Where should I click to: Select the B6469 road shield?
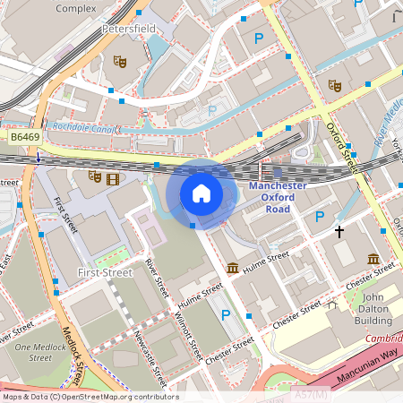coord(25,137)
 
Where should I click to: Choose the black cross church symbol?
coord(339,231)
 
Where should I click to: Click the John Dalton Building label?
coord(372,309)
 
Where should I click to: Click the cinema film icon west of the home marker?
coord(112,177)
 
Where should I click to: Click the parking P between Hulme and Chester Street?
coord(226,314)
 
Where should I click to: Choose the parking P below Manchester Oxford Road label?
coord(320,216)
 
